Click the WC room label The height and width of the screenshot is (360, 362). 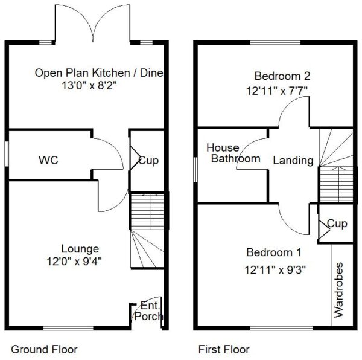point(48,160)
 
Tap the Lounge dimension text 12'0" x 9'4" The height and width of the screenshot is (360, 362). point(74,262)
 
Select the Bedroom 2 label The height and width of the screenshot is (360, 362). point(282,76)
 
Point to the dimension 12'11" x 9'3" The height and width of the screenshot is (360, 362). point(275,269)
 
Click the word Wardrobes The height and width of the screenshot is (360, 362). point(338,290)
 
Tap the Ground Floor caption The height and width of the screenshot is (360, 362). point(44,349)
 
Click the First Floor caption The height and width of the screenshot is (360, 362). point(224,349)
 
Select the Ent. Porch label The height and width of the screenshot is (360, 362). point(148,311)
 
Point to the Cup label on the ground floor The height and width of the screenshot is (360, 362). point(148,161)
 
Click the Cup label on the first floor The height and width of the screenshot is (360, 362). point(337,223)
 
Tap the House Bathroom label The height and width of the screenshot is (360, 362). point(233,153)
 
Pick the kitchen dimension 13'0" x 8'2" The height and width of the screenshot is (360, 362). point(89,86)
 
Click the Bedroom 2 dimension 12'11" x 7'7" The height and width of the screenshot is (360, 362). point(277,91)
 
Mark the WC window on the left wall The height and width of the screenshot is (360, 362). point(7,153)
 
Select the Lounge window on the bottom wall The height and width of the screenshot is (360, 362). point(69,328)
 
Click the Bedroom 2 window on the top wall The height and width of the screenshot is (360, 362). point(276,42)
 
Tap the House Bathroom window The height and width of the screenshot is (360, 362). point(195,170)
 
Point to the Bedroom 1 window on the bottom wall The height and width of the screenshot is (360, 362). point(282,328)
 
